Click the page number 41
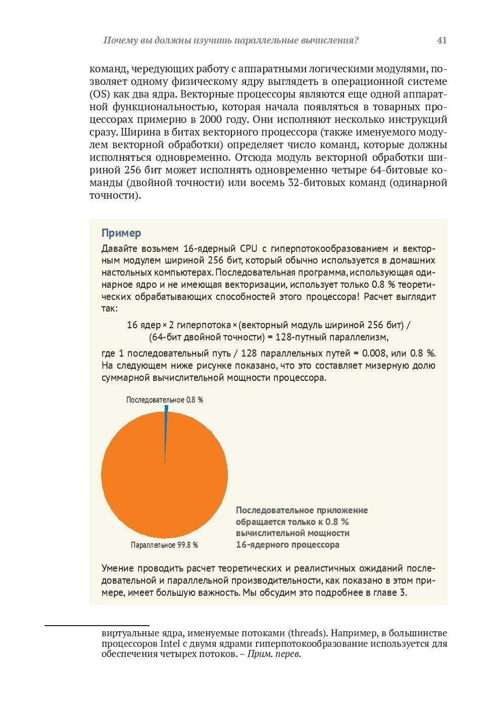tap(441, 40)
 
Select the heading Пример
tap(121, 233)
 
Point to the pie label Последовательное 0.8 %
tap(165, 400)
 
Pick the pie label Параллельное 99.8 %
tap(164, 545)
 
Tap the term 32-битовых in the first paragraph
tap(313, 183)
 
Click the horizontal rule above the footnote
tap(96, 626)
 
